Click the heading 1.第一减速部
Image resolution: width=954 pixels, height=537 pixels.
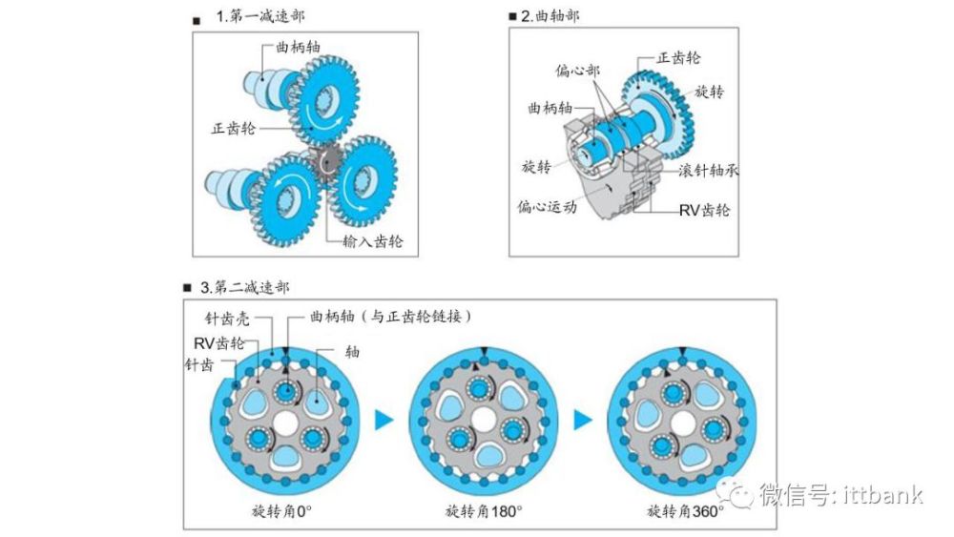pyautogui.click(x=260, y=16)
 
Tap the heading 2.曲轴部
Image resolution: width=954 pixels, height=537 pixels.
pyautogui.click(x=550, y=16)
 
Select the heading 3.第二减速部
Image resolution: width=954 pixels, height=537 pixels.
pyautogui.click(x=244, y=286)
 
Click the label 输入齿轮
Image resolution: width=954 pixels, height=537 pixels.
pyautogui.click(x=372, y=241)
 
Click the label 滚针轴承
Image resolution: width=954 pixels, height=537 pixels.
pyautogui.click(x=708, y=170)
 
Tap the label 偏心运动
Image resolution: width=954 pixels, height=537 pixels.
pyautogui.click(x=547, y=207)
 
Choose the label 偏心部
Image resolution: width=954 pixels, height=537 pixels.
pyautogui.click(x=577, y=71)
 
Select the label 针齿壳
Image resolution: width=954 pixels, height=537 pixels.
pyautogui.click(x=226, y=318)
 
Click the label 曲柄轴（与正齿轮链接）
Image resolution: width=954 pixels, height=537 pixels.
pyautogui.click(x=390, y=317)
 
